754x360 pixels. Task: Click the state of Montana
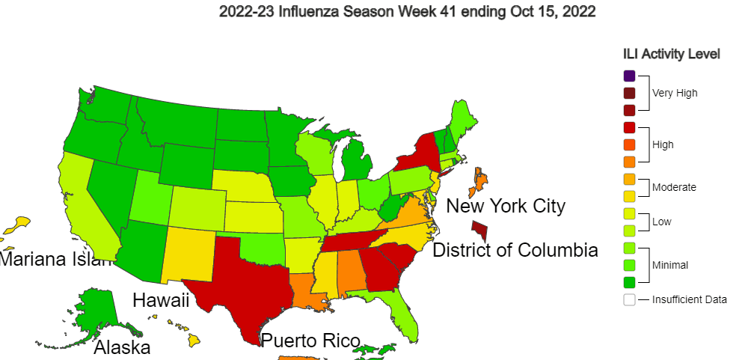click(x=176, y=120)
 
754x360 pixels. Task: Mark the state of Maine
click(x=464, y=120)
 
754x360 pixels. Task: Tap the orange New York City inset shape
click(x=480, y=180)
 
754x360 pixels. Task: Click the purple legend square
click(x=629, y=76)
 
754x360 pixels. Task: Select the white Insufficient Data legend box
click(x=629, y=299)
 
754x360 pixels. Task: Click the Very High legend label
click(x=675, y=94)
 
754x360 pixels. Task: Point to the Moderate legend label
click(x=674, y=187)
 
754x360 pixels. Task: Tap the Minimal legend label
click(x=670, y=265)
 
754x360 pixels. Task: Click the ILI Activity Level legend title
click(x=671, y=54)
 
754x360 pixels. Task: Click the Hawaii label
click(x=160, y=301)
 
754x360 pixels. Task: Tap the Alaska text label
click(x=122, y=348)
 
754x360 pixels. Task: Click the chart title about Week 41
click(x=407, y=13)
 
